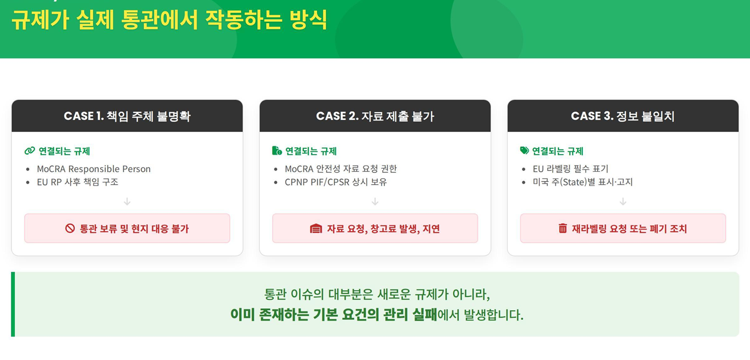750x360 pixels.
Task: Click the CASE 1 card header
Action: pos(127,116)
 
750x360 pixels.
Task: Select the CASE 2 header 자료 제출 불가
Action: pos(375,116)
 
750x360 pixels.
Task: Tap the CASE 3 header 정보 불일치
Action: pos(623,116)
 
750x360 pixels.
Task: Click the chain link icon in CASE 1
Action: pos(30,151)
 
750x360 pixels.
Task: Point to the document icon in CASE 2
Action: pos(277,151)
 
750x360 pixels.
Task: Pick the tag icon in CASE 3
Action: pos(524,151)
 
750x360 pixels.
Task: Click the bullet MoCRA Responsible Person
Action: pos(94,169)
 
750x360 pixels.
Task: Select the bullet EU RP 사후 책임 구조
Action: pos(77,182)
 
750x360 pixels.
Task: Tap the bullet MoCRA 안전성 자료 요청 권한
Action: pos(341,169)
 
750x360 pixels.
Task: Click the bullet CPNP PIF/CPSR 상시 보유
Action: pos(336,182)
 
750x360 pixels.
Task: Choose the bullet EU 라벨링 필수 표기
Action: pos(570,169)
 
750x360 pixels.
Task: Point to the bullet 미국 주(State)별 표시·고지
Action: pos(583,182)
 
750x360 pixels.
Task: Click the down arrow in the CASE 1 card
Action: pos(127,201)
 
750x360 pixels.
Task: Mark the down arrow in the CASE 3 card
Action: pos(623,201)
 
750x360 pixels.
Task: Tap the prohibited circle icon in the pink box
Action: pos(70,228)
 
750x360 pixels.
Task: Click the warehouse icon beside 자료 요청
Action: pos(316,228)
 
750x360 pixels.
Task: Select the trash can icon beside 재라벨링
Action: pos(563,228)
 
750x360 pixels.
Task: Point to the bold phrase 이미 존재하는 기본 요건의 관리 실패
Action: pos(334,315)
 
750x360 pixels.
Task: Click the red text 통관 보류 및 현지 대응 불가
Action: pos(134,229)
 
